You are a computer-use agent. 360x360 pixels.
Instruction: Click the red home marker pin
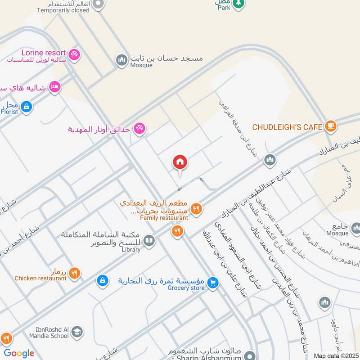pos(180,162)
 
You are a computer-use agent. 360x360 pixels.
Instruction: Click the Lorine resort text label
pos(44,53)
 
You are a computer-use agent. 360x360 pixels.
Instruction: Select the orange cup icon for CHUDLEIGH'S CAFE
pos(331,127)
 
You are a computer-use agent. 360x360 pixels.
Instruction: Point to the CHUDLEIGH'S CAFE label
pos(287,127)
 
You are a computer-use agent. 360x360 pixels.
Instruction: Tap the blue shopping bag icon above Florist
pos(27,107)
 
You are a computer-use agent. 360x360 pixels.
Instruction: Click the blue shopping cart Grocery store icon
pos(213,282)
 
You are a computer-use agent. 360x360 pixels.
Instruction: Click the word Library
pos(131,249)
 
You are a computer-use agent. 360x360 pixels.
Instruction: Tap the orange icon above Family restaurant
pos(196,208)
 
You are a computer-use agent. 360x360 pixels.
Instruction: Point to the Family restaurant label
pos(164,218)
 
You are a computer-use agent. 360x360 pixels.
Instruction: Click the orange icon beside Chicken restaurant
pos(75,272)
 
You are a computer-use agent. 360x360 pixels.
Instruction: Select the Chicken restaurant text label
pos(40,278)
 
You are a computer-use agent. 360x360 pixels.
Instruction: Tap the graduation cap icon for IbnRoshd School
pos(77,332)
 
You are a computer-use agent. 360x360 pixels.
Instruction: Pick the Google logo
pos(19,353)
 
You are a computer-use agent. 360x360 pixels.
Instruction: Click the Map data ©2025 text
pos(335,356)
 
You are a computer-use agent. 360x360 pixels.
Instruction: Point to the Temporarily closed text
pos(63,10)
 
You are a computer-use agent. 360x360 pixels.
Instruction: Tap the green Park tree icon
pos(239,4)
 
